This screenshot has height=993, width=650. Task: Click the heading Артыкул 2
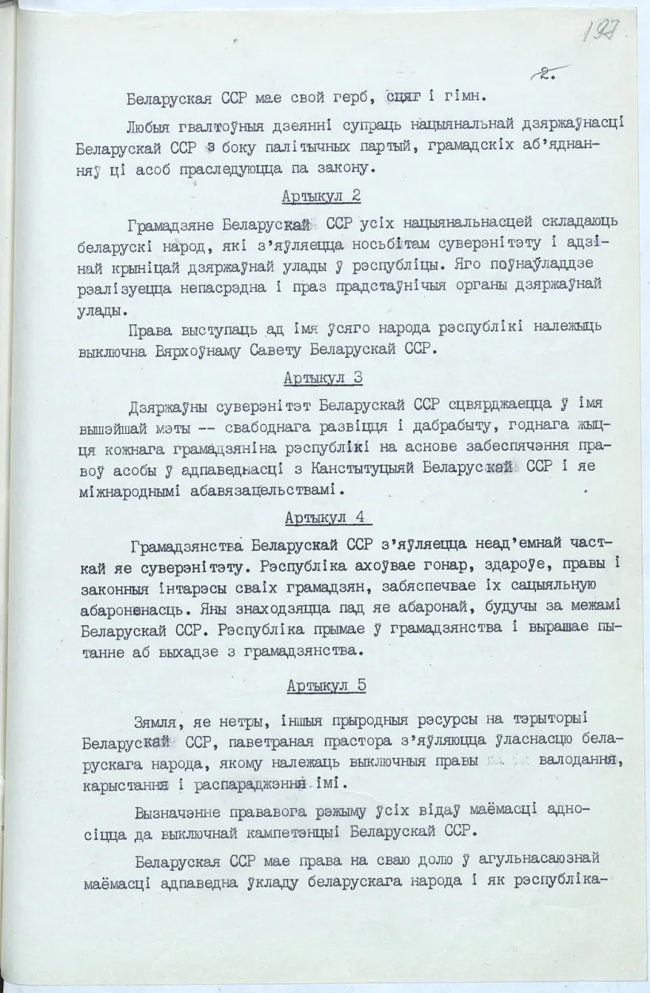point(322,197)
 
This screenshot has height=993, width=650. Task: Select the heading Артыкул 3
point(324,378)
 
